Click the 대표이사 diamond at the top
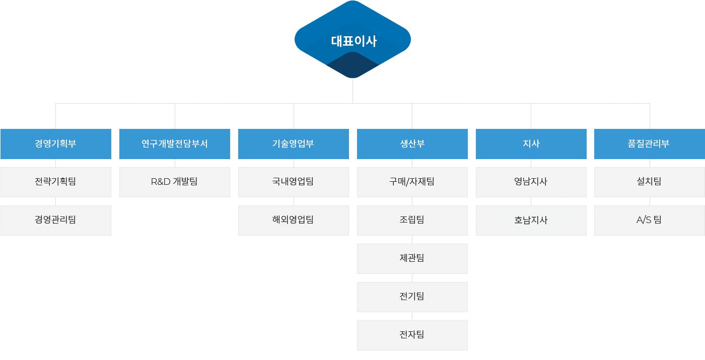352,40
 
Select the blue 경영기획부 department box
56,144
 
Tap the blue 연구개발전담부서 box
175,144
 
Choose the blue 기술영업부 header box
294,144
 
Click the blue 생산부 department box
412,144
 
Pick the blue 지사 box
531,144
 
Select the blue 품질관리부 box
650,144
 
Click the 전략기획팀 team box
56,182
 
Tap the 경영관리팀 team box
56,220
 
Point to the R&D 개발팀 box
175,182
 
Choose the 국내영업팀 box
294,182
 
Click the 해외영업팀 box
294,220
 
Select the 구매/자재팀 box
412,182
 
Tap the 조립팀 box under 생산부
412,220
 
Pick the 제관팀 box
412,258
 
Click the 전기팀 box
412,297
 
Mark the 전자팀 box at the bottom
412,335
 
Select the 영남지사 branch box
531,182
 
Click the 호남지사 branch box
531,220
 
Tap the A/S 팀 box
650,220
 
